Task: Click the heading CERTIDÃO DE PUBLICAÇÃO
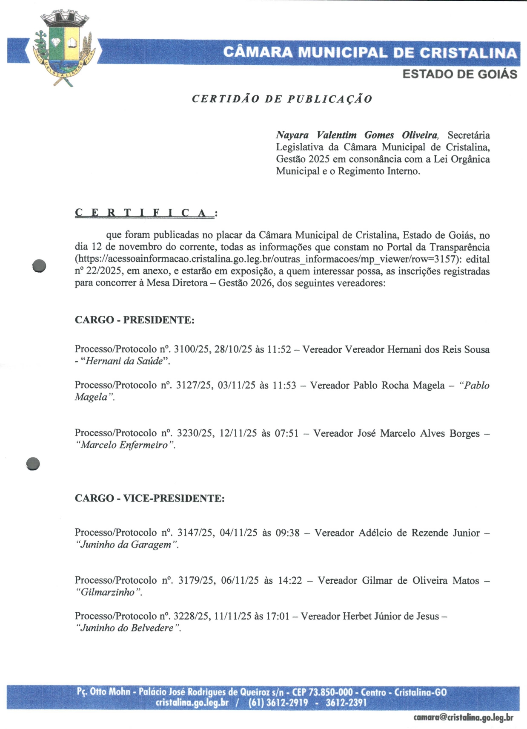coord(282,99)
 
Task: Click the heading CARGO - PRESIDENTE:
coord(135,320)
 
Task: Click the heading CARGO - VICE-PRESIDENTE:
coord(149,498)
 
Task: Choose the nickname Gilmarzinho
coord(108,592)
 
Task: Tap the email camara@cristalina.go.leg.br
coord(463,717)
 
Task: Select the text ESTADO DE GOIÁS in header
coord(460,74)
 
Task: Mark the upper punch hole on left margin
coord(39,266)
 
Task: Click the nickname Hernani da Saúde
coord(125,361)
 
